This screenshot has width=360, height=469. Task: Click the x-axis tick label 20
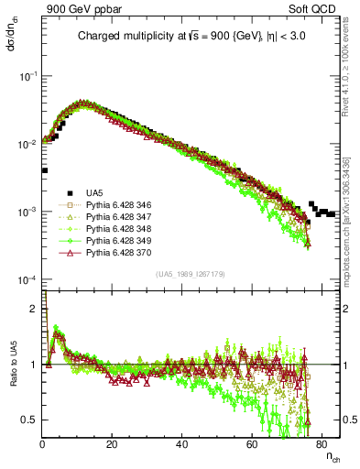tap(111, 444)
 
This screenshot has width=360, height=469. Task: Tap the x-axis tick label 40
tap(181, 444)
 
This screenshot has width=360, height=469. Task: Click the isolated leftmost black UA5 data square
tap(45, 170)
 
